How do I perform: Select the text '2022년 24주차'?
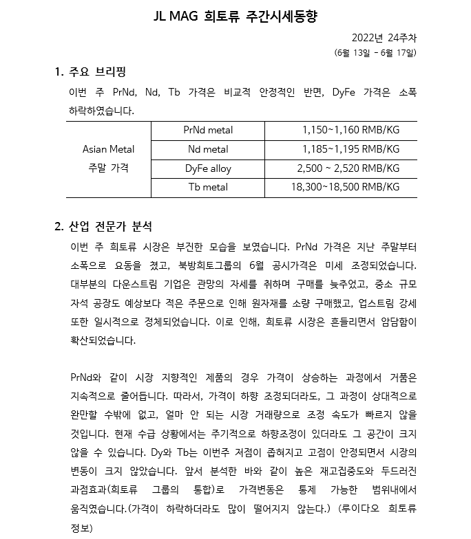384,37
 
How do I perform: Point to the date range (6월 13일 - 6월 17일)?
375,52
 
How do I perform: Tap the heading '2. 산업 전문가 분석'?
103,226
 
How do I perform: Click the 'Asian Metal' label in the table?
108,148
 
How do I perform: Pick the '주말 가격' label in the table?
108,168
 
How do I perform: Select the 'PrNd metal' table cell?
208,129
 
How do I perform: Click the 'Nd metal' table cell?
208,148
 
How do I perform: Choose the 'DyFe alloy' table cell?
208,168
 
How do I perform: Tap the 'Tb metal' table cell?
208,186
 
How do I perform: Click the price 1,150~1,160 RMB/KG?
350,129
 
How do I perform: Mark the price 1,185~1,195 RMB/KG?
350,148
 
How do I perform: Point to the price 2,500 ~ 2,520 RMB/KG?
348,168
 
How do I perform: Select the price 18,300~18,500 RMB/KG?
345,186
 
